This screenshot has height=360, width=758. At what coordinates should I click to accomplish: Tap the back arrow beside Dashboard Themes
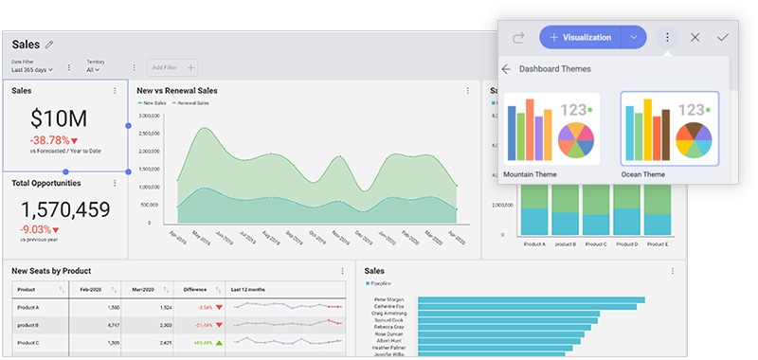coord(506,69)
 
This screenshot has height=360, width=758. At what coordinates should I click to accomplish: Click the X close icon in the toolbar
coord(695,37)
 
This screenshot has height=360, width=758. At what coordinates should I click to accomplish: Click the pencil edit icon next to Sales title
coord(49,45)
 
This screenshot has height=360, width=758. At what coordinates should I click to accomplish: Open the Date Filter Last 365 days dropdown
coord(32,69)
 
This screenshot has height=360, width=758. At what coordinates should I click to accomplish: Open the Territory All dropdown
coord(93,69)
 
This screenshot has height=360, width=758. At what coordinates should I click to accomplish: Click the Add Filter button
coord(172,67)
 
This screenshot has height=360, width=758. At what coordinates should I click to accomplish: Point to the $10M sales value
coord(59,118)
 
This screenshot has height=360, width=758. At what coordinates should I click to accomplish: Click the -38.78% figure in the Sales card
coord(58,140)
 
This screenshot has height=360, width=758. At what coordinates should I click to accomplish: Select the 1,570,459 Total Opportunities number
coord(65,210)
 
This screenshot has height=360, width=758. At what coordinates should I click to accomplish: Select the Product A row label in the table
coord(27,307)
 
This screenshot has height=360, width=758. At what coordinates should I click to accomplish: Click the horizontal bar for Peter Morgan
coord(531,300)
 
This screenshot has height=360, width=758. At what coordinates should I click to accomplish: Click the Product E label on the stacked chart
coord(659,243)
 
